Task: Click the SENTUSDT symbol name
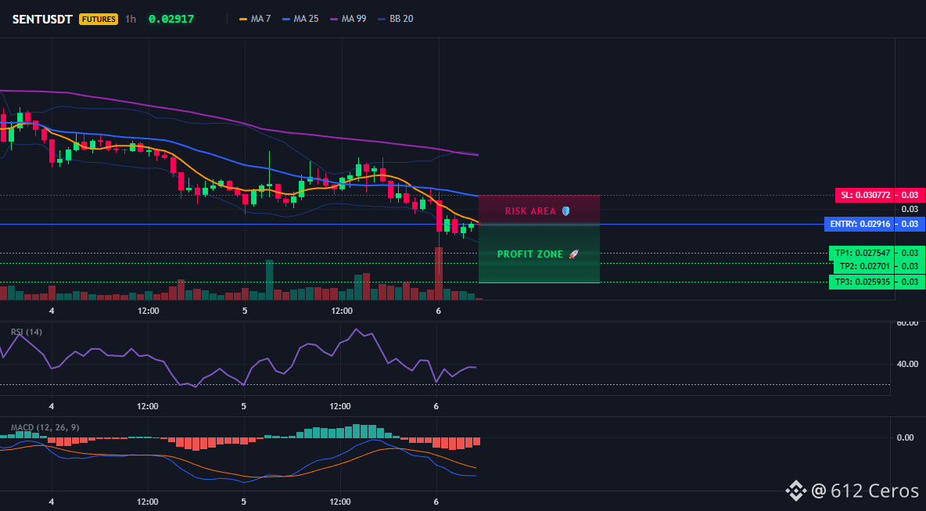point(42,19)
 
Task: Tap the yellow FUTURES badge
point(99,19)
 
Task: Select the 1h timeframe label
point(131,19)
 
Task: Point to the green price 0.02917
point(171,19)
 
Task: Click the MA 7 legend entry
point(254,19)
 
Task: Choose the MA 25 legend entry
point(300,19)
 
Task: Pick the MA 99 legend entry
point(349,19)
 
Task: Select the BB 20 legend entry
point(396,19)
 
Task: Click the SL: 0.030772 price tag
point(864,195)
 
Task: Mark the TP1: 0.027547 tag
point(860,253)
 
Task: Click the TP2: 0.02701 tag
point(863,266)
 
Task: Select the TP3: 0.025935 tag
point(860,282)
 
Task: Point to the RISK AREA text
point(530,211)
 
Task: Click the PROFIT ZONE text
point(530,254)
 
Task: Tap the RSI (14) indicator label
point(27,332)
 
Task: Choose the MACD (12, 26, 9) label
point(45,427)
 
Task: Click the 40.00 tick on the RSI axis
point(907,364)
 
